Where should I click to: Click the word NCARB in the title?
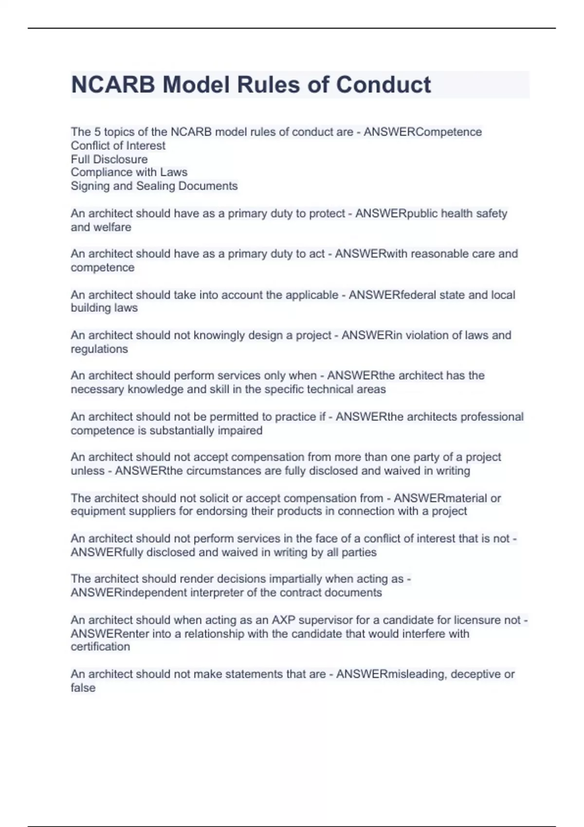point(113,85)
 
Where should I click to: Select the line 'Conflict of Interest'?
point(118,145)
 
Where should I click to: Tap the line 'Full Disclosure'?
point(109,159)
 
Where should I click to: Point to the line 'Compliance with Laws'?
point(129,172)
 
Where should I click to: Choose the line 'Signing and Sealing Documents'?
point(154,186)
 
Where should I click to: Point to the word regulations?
point(99,349)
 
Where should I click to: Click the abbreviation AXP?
point(283,620)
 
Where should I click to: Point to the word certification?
point(100,647)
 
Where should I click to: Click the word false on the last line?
point(83,688)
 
